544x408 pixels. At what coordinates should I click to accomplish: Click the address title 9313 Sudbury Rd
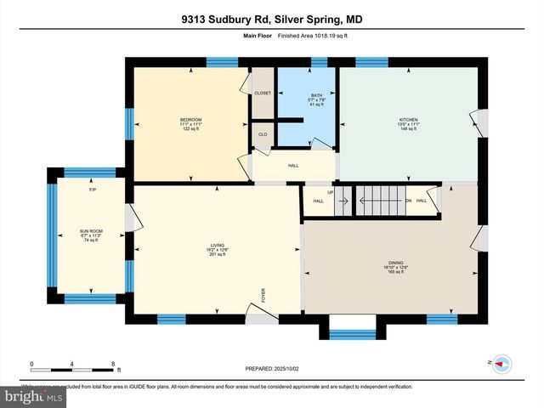[x=271, y=18]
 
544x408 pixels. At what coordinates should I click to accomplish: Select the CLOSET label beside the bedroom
[x=263, y=93]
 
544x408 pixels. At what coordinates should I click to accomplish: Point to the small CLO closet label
[x=262, y=135]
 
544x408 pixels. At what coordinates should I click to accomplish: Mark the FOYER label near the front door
[x=263, y=297]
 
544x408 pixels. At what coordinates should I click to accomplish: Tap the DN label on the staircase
[x=408, y=201]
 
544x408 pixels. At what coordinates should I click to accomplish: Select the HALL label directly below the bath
[x=293, y=166]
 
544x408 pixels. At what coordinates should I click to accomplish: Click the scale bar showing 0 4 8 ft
[x=72, y=367]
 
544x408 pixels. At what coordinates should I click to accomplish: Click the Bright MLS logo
[x=34, y=396]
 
